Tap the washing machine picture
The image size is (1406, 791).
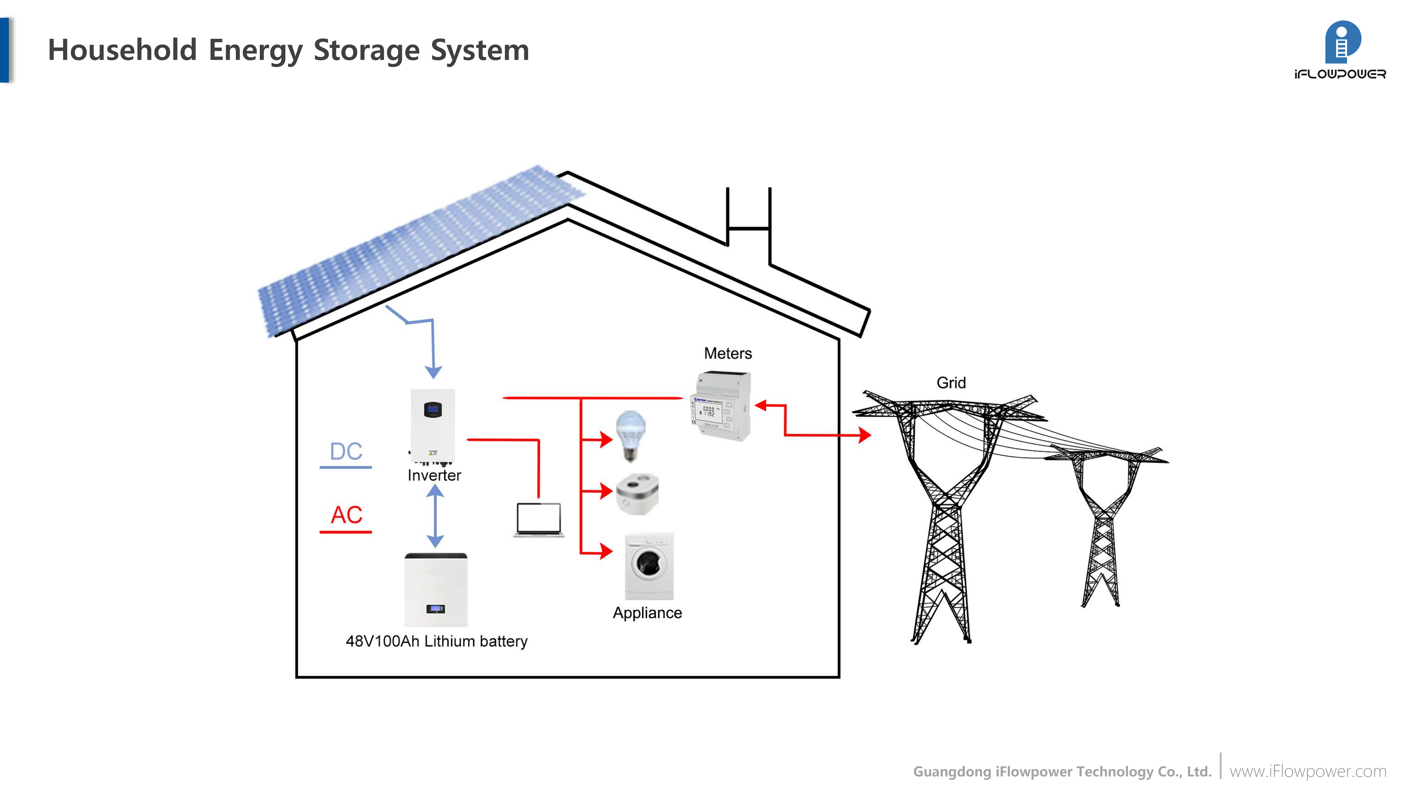pyautogui.click(x=649, y=566)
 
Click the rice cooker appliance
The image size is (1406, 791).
pyautogui.click(x=637, y=494)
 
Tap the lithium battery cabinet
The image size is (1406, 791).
pyautogui.click(x=436, y=590)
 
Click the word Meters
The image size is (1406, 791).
pyautogui.click(x=728, y=354)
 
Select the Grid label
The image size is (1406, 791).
pyautogui.click(x=951, y=383)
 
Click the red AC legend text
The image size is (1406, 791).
pyautogui.click(x=346, y=515)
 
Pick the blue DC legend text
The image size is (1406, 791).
pyautogui.click(x=346, y=451)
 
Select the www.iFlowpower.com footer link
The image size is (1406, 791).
pyautogui.click(x=1307, y=771)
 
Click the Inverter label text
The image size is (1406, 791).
pyautogui.click(x=434, y=475)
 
